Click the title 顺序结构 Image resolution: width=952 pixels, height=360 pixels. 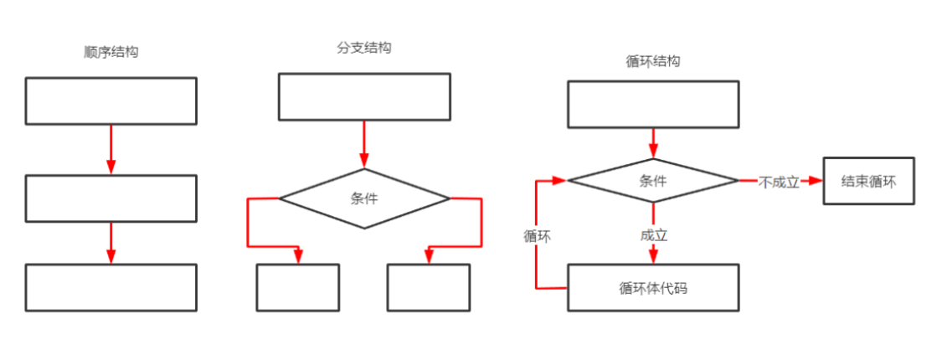click(x=111, y=52)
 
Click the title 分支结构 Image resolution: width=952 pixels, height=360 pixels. click(x=364, y=48)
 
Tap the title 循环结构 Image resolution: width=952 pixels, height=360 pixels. click(x=653, y=61)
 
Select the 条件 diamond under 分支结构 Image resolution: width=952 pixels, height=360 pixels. click(x=364, y=198)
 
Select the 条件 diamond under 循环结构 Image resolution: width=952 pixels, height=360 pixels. click(x=653, y=180)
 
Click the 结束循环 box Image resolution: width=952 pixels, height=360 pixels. click(x=868, y=180)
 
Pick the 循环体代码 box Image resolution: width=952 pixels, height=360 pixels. click(x=653, y=288)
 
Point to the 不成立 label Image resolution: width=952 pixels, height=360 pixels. click(x=779, y=181)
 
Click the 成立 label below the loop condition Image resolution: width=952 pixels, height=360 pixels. click(x=654, y=236)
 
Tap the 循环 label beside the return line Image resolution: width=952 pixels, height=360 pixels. click(x=538, y=236)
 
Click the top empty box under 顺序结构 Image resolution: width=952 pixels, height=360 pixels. click(x=111, y=100)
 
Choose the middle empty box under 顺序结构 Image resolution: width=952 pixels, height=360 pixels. click(x=111, y=198)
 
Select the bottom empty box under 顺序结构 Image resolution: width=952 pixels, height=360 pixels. click(x=111, y=287)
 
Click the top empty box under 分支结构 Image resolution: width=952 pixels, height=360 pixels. click(x=364, y=96)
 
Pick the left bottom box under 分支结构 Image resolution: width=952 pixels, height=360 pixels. click(x=298, y=287)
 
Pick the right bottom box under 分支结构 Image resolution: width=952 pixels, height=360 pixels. click(x=428, y=287)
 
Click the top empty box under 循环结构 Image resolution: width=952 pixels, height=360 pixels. click(x=653, y=105)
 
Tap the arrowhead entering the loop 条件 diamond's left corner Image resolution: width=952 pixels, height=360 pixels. click(x=560, y=180)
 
